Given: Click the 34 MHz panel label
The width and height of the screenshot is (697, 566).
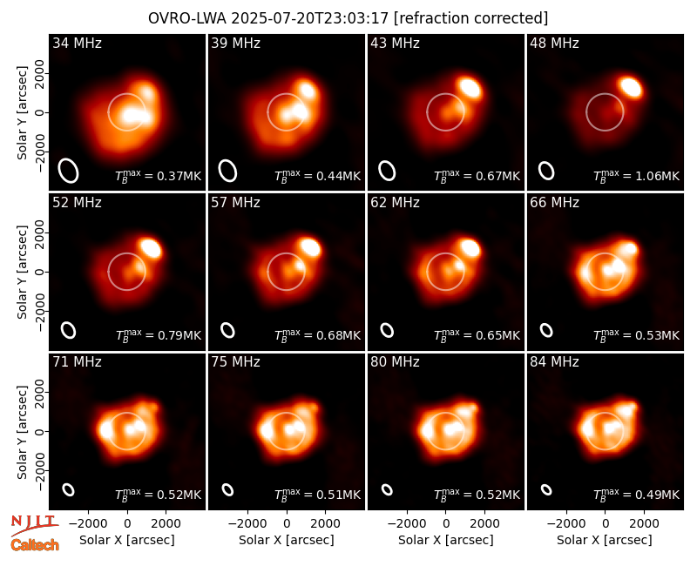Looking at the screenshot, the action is coord(77,43).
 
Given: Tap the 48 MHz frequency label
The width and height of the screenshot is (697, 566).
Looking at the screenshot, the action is coord(554,43).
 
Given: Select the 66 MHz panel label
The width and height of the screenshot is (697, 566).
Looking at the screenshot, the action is coord(554,203).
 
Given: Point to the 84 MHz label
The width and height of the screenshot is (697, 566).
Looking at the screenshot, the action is coord(554,362).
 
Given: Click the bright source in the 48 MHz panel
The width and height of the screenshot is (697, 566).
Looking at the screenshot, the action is coord(630,86).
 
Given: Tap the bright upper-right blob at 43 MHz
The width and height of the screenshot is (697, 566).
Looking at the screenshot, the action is coord(470,87).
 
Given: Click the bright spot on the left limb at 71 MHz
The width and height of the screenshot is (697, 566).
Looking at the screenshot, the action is coord(105,430).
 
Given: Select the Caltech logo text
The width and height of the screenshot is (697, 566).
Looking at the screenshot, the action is coord(35,545).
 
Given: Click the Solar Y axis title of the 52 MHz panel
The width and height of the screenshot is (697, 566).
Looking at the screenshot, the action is coord(22,272).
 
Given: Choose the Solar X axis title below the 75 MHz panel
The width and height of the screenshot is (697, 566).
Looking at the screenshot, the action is coord(287,540).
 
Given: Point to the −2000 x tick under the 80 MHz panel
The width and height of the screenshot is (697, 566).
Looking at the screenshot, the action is coord(406,524).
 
